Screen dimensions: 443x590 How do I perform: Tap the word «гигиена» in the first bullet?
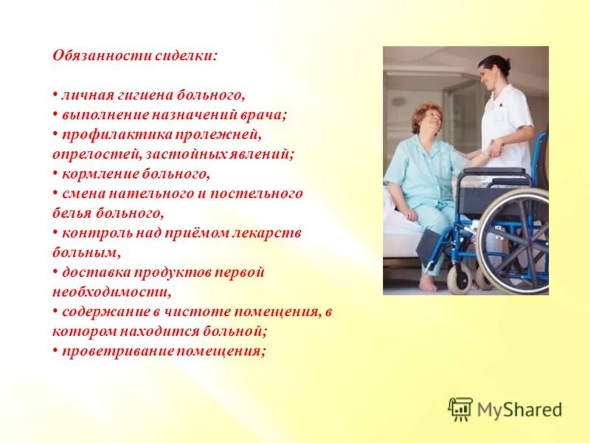(x=142, y=95)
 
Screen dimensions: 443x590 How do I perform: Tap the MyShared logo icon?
(x=460, y=408)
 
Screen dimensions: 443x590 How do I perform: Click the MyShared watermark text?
(x=519, y=409)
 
